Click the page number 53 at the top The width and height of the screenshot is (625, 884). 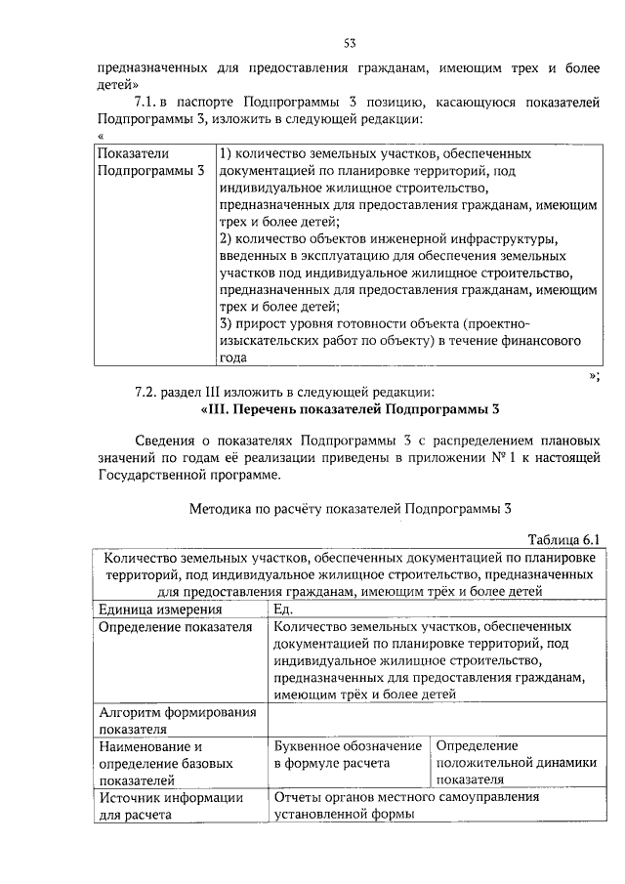point(349,43)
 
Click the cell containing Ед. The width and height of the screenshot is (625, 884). point(284,610)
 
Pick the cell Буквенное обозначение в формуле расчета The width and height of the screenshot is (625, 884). point(349,754)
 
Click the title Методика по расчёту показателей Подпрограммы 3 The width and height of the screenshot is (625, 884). point(349,508)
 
